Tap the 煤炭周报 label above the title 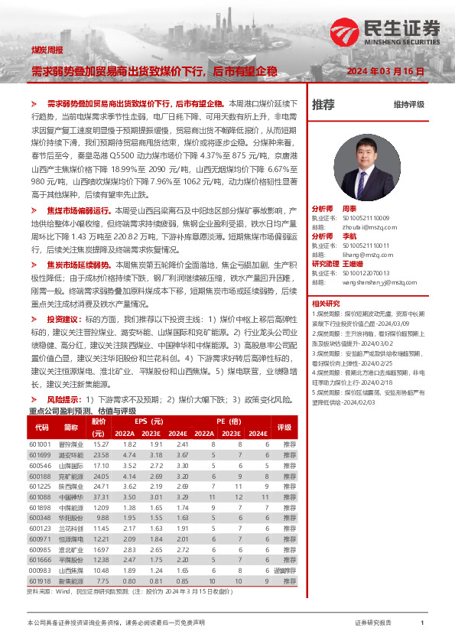coord(47,50)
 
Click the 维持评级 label coord(408,105)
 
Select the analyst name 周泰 coord(349,208)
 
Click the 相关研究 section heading coord(326,304)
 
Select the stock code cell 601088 coord(40,475)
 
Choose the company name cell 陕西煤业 coord(70,486)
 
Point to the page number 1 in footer coord(422,623)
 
